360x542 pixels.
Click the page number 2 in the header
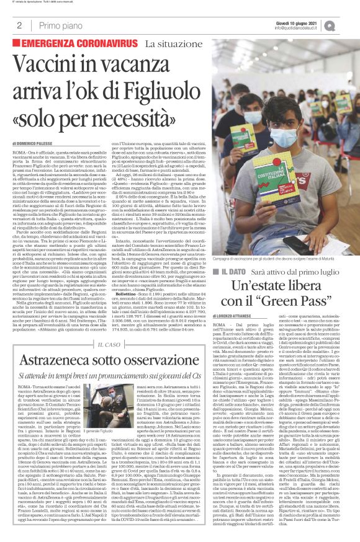tap(19, 26)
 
